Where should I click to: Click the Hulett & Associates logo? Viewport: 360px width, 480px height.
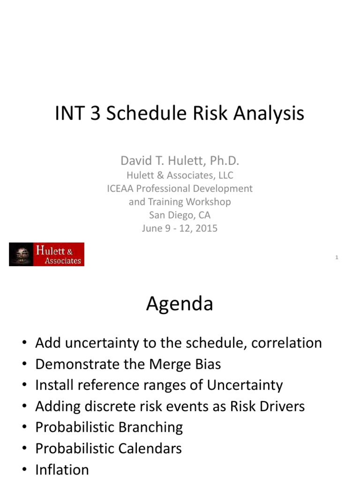pyautogui.click(x=46, y=255)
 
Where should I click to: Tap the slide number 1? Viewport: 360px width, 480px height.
pyautogui.click(x=337, y=257)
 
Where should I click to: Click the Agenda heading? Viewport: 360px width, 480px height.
pyautogui.click(x=180, y=304)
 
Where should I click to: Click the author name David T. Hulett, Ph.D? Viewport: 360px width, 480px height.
pyautogui.click(x=180, y=161)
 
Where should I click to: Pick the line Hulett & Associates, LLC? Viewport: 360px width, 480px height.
pyautogui.click(x=180, y=175)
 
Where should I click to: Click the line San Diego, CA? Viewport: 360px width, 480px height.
pyautogui.click(x=180, y=215)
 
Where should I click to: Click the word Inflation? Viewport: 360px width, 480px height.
pyautogui.click(x=62, y=470)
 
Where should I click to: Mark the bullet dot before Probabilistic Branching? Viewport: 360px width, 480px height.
pyautogui.click(x=23, y=428)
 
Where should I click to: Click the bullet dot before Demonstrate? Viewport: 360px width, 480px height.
pyautogui.click(x=23, y=365)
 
